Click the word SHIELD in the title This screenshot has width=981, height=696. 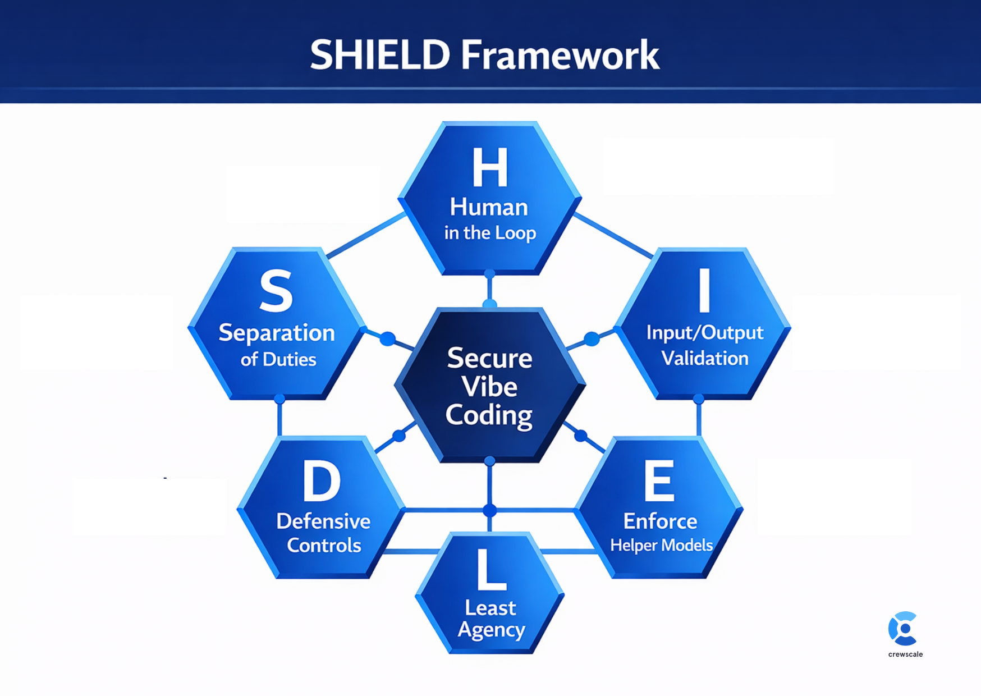coord(380,55)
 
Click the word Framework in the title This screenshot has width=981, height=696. coord(560,55)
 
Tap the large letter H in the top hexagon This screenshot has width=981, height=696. coord(490,167)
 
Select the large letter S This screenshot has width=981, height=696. coord(276,290)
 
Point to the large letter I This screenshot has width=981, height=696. coord(704,290)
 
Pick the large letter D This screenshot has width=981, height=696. coord(322,481)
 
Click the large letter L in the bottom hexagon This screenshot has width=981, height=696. coord(490,570)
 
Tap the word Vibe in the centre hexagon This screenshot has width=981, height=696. coord(489,387)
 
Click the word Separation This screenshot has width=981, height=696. coord(277,333)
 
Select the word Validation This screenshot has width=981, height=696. coord(705,358)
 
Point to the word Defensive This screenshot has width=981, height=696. coord(323,521)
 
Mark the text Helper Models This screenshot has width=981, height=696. coord(661,545)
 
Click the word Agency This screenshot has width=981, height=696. coord(492,630)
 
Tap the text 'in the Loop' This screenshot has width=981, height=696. coord(490,233)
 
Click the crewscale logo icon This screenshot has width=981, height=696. coord(904,628)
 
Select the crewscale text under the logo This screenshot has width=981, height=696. coord(905,654)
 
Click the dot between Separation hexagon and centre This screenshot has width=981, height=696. coord(388,338)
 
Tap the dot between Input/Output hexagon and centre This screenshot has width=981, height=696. coord(592,338)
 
